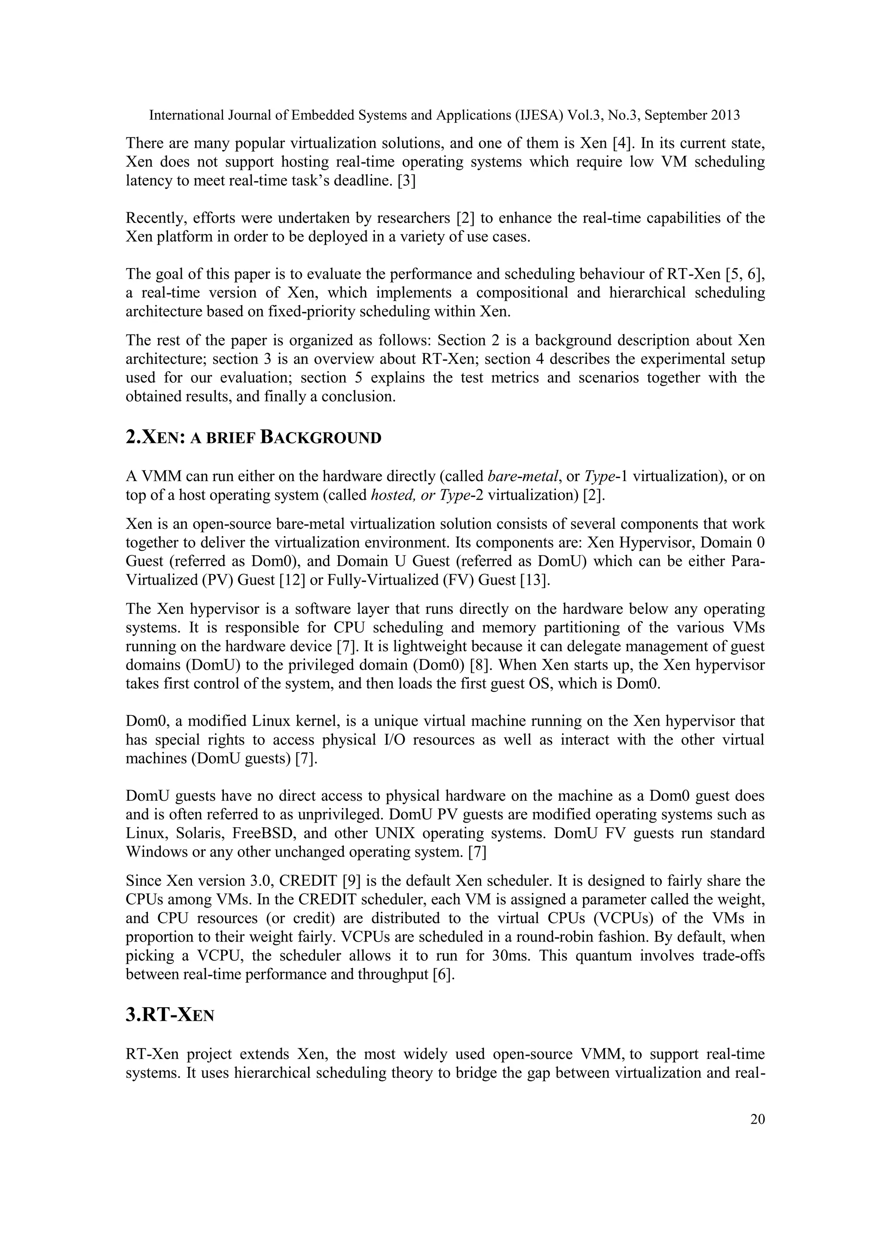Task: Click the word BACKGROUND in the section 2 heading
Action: (x=321, y=438)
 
